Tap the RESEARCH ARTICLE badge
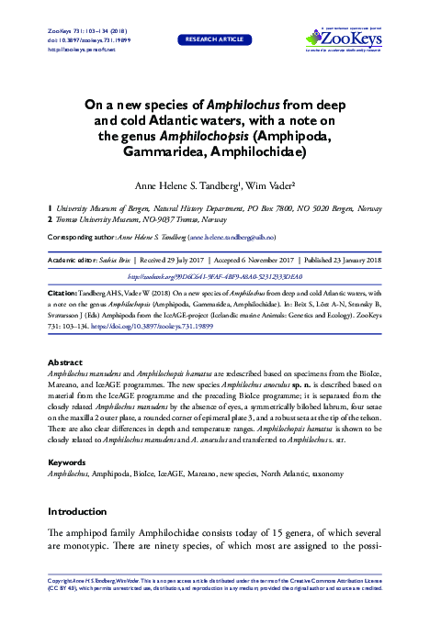(214, 41)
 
